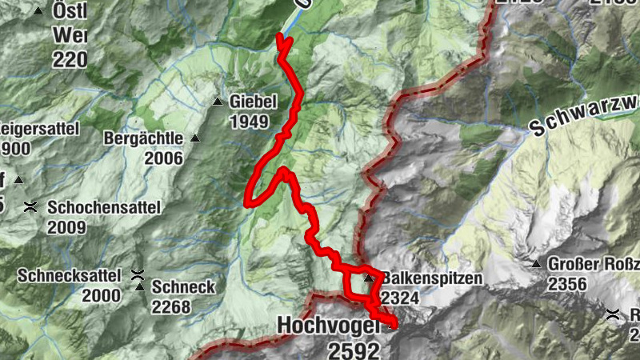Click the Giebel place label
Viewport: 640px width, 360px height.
253,102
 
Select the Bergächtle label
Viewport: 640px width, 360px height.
144,138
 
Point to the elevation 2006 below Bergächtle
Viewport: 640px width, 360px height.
165,158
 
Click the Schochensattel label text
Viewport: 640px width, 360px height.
104,207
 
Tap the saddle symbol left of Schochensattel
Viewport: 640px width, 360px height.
30,207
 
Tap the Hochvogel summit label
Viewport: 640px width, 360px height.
329,326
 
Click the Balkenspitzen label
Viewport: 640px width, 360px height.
432,278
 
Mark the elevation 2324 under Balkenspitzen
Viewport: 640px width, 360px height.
400,298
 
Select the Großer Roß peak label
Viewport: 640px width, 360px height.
594,264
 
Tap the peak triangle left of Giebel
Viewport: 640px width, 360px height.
218,102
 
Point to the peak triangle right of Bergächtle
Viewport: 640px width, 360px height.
194,138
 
